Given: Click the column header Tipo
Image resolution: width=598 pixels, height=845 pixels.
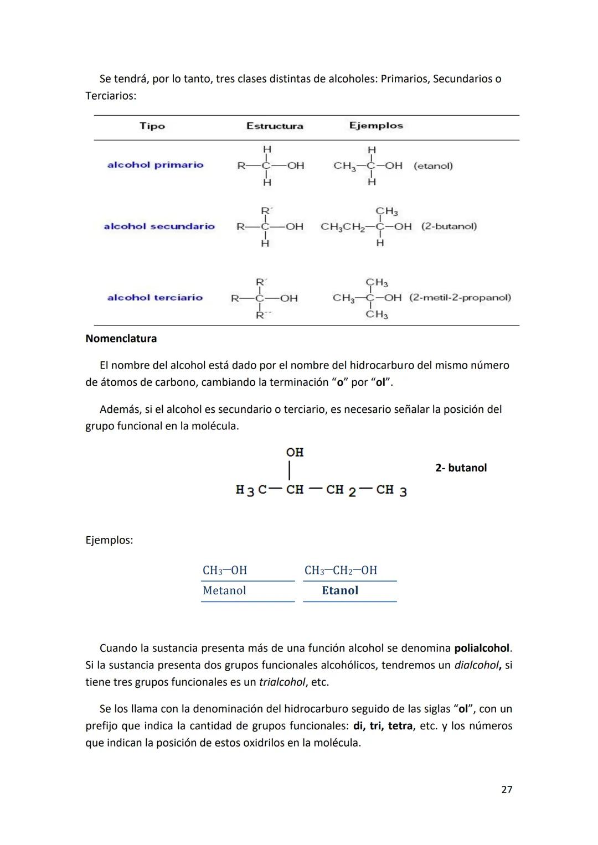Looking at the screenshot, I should (152, 126).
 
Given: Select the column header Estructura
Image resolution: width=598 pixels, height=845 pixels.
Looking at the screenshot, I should (275, 126).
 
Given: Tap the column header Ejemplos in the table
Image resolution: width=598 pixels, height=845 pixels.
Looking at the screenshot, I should (376, 126).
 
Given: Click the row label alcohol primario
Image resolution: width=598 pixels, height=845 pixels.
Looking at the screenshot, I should (155, 165).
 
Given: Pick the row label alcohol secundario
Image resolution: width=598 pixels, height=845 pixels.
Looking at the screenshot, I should (159, 226).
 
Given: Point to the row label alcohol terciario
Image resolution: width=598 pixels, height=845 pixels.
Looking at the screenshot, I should (155, 298).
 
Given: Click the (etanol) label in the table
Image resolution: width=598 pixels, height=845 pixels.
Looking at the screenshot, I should (433, 166).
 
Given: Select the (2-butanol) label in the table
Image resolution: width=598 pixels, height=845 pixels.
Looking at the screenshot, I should (449, 226).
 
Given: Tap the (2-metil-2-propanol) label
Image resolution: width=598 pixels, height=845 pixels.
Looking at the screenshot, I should (460, 298).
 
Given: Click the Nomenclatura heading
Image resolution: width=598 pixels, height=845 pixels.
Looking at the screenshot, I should (121, 339).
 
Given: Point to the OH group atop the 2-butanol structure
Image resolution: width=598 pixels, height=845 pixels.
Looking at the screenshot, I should (295, 453).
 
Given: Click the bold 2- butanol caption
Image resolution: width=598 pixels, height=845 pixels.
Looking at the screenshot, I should (461, 468).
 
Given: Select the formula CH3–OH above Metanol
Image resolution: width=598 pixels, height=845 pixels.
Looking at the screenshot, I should (225, 571).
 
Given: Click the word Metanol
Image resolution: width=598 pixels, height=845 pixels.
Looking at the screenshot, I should (224, 590).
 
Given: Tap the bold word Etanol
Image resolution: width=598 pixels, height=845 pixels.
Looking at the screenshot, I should (340, 590).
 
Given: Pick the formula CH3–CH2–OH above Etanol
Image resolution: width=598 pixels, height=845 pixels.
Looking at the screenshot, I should (341, 571).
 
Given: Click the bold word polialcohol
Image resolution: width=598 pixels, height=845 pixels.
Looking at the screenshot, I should (482, 648).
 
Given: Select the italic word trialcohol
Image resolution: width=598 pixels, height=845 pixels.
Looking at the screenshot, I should (282, 682).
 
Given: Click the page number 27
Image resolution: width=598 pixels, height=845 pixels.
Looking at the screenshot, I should (507, 790).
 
